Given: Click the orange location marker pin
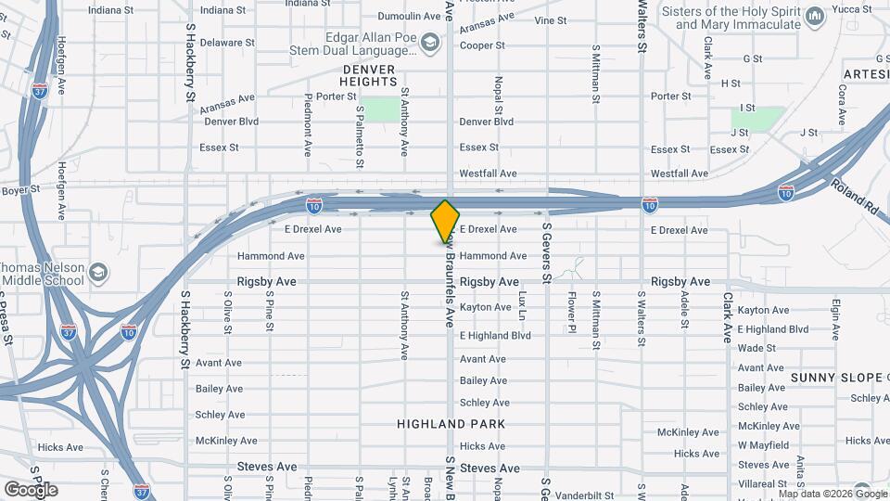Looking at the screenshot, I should pyautogui.click(x=445, y=221).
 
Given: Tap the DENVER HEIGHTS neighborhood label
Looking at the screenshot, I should pyautogui.click(x=368, y=75).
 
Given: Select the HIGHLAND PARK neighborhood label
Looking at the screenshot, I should pyautogui.click(x=451, y=424).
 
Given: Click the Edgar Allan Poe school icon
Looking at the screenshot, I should pyautogui.click(x=430, y=43).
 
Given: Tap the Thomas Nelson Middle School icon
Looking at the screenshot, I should pyautogui.click(x=99, y=273).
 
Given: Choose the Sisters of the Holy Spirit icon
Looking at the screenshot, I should pyautogui.click(x=815, y=17).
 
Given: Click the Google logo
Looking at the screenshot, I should pyautogui.click(x=31, y=489).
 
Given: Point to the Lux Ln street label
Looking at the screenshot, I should pyautogui.click(x=523, y=305).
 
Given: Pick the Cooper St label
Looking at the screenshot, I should pyautogui.click(x=482, y=45).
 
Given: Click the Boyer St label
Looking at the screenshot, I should pyautogui.click(x=20, y=189).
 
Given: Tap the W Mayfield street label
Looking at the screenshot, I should pyautogui.click(x=762, y=445).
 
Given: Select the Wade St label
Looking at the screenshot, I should pyautogui.click(x=756, y=349).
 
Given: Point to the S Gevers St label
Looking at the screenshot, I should pyautogui.click(x=547, y=252).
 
